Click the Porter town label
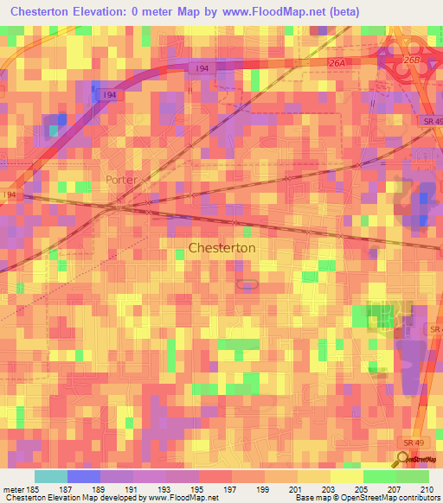122,180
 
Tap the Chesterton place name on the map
221,247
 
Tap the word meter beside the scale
14,489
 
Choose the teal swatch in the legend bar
50,476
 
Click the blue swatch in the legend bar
83,476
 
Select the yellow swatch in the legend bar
346,476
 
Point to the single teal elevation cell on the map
55,131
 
